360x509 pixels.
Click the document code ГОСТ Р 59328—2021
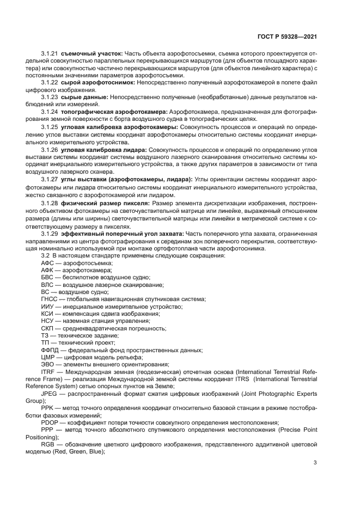[286, 36]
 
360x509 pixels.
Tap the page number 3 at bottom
[316, 463]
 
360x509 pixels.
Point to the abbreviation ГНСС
[50, 299]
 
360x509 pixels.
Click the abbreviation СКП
[48, 329]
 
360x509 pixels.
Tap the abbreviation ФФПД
[50, 351]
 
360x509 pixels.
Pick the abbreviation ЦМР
[48, 358]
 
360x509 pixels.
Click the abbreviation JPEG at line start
[50, 393]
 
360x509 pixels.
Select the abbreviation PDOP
[50, 422]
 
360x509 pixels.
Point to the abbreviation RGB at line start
[48, 445]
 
